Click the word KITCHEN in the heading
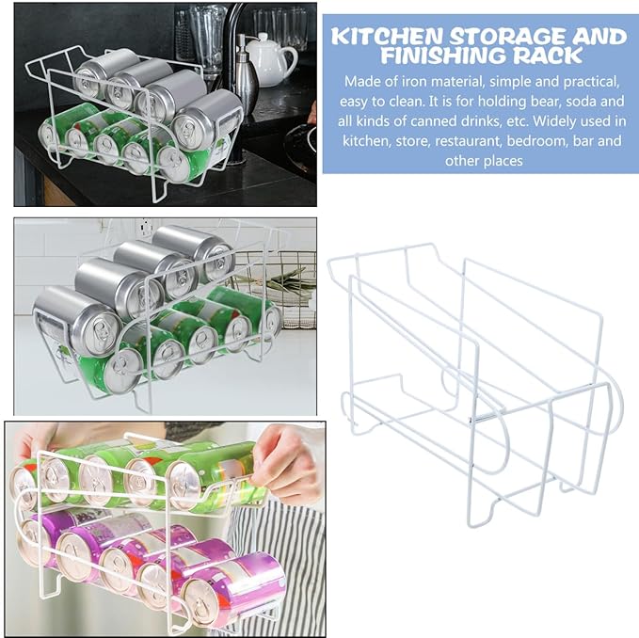[387, 37]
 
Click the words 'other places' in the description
[484, 161]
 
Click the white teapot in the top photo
[270, 60]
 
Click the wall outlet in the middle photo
[146, 226]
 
